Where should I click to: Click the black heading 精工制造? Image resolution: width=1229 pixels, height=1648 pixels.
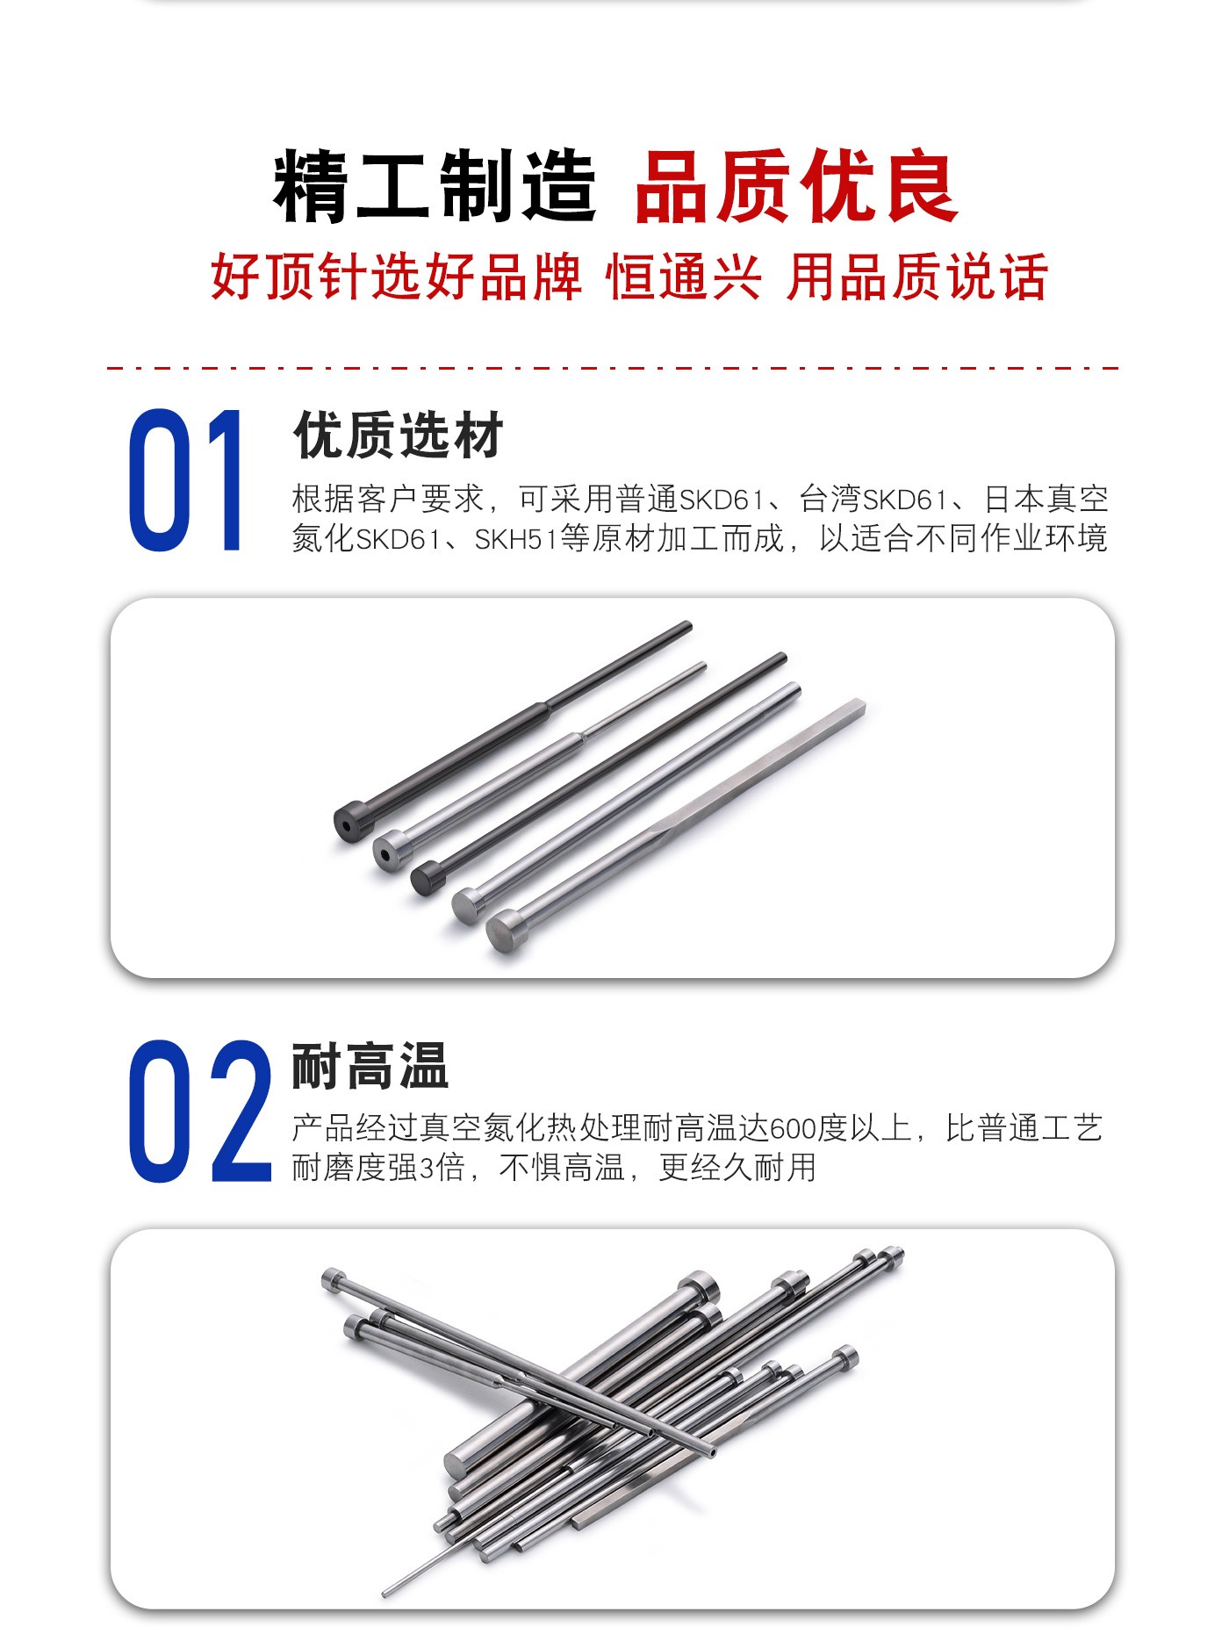pyautogui.click(x=435, y=186)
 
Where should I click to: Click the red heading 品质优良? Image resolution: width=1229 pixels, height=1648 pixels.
pyautogui.click(x=795, y=186)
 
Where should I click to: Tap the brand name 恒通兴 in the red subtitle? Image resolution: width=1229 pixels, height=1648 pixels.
pyautogui.click(x=684, y=277)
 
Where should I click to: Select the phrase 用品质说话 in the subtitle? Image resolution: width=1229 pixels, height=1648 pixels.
pyautogui.click(x=917, y=277)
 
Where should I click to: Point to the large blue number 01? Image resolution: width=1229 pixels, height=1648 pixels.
pyautogui.click(x=186, y=480)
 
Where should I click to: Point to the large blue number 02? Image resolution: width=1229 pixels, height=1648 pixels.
pyautogui.click(x=200, y=1111)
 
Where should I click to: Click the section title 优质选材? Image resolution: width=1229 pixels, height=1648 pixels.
pyautogui.click(x=399, y=435)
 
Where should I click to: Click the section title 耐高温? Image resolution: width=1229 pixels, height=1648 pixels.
pyautogui.click(x=370, y=1066)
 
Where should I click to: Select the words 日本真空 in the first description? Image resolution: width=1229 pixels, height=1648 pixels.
pyautogui.click(x=1046, y=500)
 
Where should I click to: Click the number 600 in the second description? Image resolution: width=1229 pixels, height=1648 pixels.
pyautogui.click(x=794, y=1128)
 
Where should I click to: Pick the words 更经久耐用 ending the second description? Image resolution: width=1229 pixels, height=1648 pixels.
pyautogui.click(x=737, y=1168)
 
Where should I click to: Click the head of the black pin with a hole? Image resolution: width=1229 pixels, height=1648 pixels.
pyautogui.click(x=354, y=823)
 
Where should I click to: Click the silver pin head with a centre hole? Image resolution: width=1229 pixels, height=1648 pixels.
pyautogui.click(x=391, y=850)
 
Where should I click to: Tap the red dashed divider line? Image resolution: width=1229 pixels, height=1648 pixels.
pyautogui.click(x=613, y=368)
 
